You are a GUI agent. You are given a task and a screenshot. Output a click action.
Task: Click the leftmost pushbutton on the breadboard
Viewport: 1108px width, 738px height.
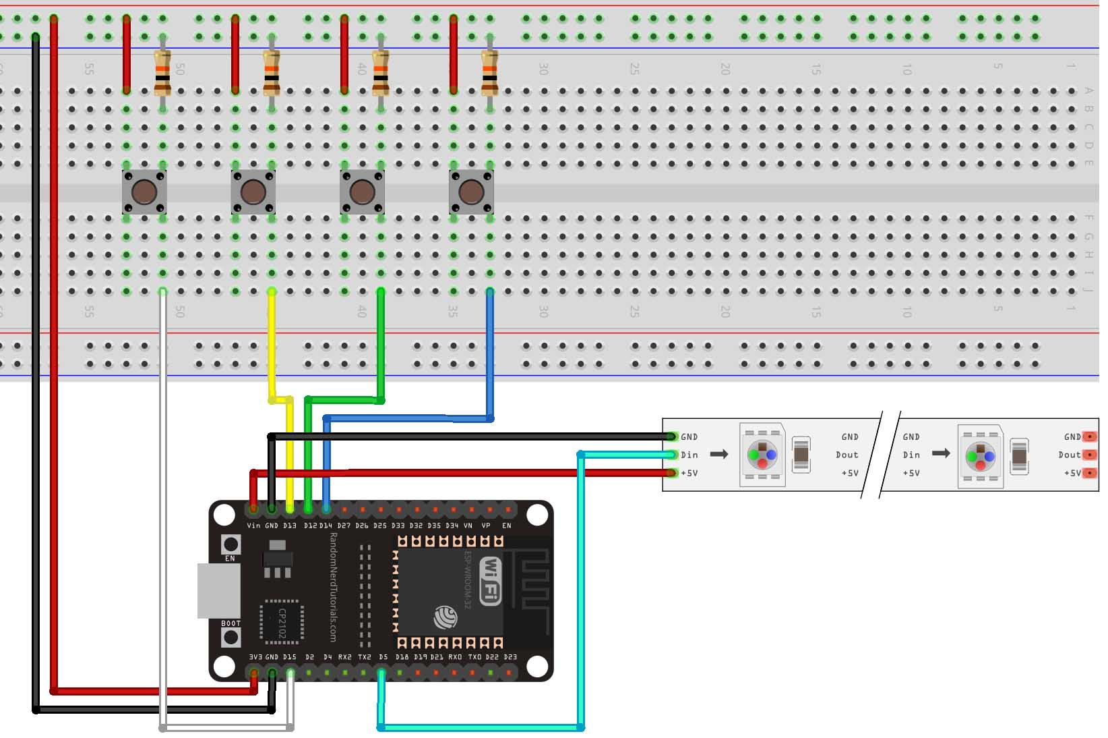point(144,192)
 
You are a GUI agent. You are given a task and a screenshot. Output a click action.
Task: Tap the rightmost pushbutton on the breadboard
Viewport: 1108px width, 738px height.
point(471,192)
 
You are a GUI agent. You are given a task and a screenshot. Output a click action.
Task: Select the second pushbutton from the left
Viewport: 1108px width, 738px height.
point(253,192)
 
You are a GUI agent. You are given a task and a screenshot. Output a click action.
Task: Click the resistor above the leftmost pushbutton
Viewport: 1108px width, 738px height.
point(162,73)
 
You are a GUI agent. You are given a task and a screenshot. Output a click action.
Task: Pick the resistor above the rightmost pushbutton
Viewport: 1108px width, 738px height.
point(490,73)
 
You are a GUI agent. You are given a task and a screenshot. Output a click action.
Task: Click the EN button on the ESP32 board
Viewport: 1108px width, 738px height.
point(231,544)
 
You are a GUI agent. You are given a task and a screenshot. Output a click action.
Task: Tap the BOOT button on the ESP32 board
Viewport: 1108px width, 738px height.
point(231,637)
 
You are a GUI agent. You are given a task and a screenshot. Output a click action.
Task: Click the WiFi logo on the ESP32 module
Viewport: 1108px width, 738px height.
point(491,581)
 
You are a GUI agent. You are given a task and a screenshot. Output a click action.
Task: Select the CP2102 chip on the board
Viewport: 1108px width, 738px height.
point(282,621)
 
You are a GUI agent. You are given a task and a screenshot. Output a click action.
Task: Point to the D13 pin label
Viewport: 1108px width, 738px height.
point(290,526)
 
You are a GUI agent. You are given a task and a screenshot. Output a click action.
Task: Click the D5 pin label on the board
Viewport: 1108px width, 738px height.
point(383,657)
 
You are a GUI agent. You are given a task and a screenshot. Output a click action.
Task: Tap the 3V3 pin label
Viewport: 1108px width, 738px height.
point(255,657)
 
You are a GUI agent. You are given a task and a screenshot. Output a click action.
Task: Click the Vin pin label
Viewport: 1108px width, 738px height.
point(253,526)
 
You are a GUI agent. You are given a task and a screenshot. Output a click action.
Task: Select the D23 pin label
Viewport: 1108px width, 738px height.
point(510,657)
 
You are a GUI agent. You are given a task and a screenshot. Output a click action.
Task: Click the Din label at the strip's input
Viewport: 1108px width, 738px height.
point(689,455)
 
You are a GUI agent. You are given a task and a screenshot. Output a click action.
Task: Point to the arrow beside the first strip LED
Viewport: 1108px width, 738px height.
point(719,454)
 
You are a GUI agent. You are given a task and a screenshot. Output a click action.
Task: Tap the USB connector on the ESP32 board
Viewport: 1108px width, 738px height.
point(218,590)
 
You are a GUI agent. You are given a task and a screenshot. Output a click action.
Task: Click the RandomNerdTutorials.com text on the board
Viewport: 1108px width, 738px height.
point(333,587)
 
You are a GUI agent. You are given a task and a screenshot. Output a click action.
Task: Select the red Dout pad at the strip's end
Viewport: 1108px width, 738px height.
point(1089,455)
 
